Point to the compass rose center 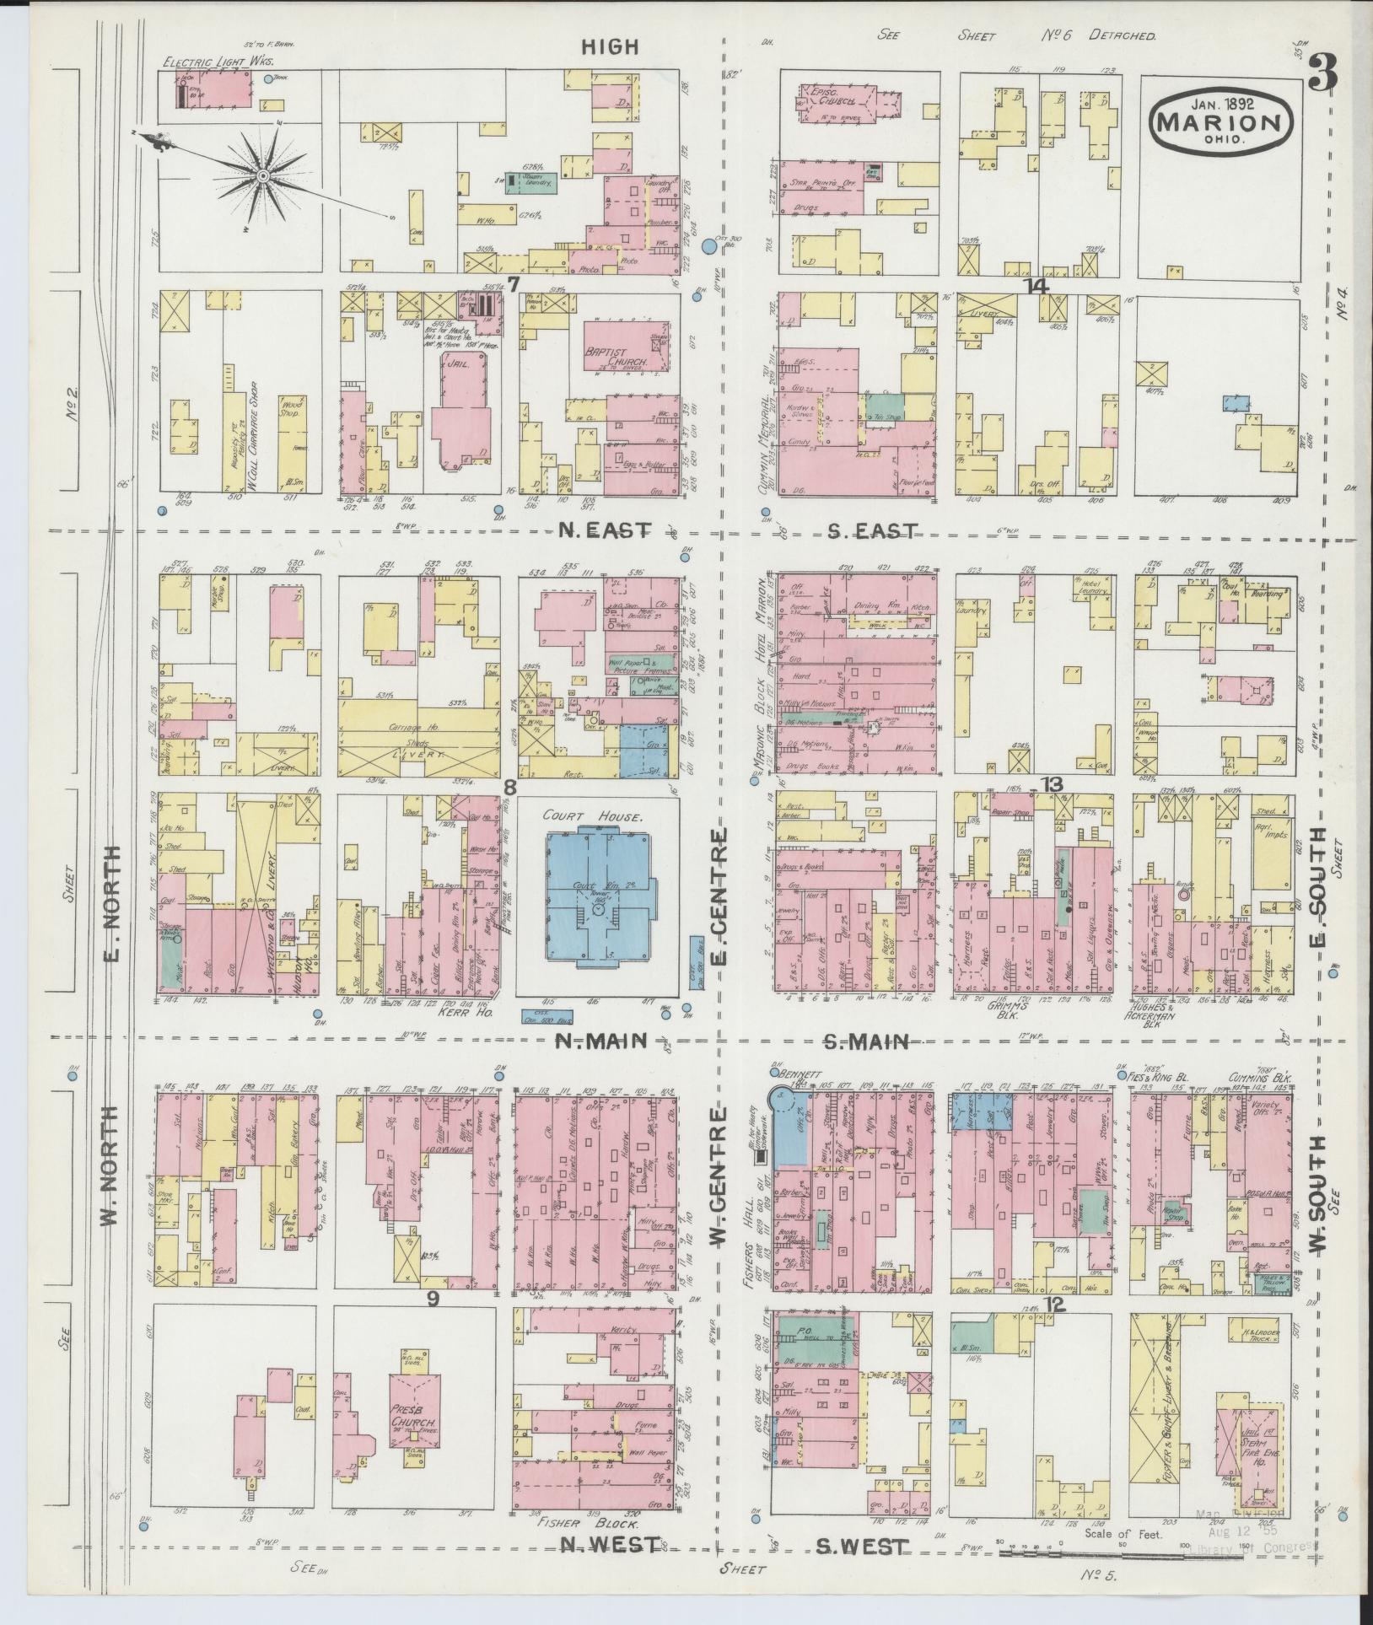(263, 175)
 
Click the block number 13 (1051, 784)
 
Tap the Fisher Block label (591, 1525)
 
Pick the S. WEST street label (863, 1547)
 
